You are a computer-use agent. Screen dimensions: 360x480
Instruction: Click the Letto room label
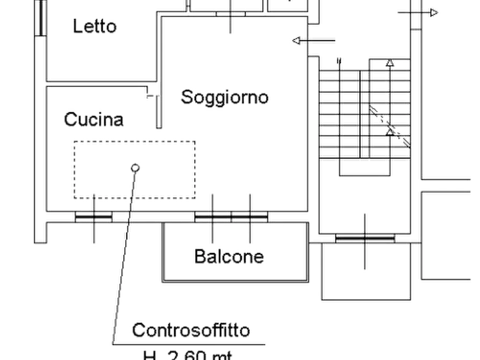pyautogui.click(x=95, y=26)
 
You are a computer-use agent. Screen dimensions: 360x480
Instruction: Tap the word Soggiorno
pyautogui.click(x=225, y=97)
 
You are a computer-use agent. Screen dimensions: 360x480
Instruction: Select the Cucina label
pyautogui.click(x=94, y=119)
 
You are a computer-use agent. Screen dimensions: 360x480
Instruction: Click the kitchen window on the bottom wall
pyautogui.click(x=95, y=216)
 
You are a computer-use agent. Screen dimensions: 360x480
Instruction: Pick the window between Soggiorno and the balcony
pyautogui.click(x=231, y=216)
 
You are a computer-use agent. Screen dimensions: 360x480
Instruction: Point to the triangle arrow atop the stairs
pyautogui.click(x=390, y=64)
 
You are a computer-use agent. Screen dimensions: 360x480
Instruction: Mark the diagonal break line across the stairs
pyautogui.click(x=390, y=127)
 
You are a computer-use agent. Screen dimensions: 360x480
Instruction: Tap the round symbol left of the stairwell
pyautogui.click(x=296, y=40)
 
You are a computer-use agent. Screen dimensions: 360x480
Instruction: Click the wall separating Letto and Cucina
pyautogui.click(x=97, y=84)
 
